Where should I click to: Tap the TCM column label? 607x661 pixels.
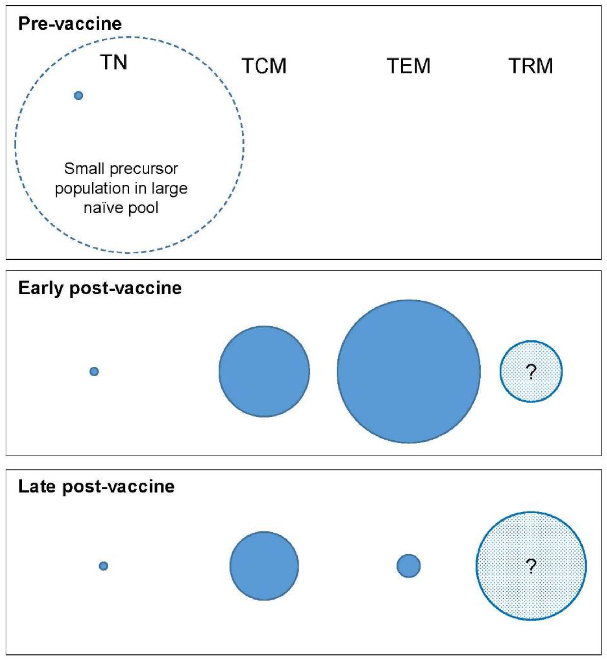(264, 66)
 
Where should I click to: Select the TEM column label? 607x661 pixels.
(408, 66)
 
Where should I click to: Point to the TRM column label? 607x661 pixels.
(531, 66)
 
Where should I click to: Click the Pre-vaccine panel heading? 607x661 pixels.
(70, 24)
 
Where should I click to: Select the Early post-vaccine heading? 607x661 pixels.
(100, 288)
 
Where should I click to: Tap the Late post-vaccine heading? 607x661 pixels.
(96, 486)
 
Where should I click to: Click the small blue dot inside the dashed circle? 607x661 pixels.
(78, 95)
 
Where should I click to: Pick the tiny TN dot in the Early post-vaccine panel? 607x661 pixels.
(94, 372)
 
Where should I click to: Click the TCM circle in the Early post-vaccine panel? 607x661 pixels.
(264, 372)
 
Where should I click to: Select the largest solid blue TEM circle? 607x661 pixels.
(409, 372)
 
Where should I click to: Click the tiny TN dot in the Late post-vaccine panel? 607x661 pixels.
(103, 566)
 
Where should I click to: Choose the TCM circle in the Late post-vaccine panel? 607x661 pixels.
(264, 566)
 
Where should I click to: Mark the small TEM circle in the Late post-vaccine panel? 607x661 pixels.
(409, 566)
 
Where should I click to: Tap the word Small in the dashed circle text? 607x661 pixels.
(84, 169)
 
